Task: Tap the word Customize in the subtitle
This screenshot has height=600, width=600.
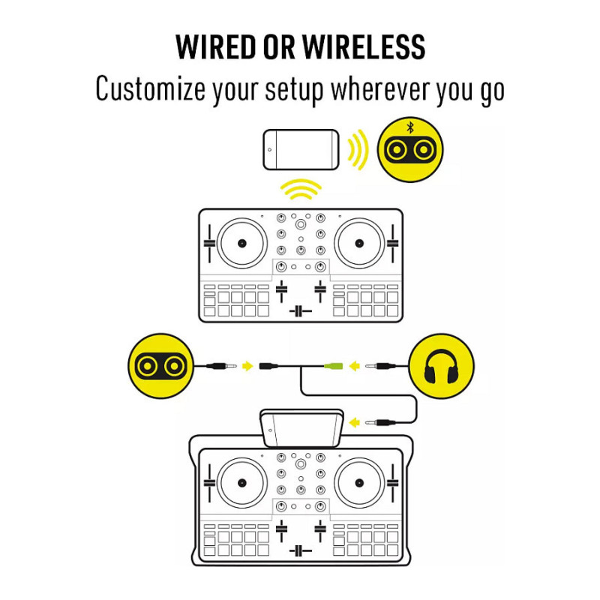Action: tap(151, 88)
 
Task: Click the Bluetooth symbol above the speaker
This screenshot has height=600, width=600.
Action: tap(410, 127)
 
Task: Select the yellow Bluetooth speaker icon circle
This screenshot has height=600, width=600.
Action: tap(410, 149)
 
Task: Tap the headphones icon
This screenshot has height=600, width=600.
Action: tap(441, 366)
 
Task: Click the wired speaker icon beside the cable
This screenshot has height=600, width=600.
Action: tap(160, 366)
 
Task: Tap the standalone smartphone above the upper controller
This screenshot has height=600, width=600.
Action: tap(301, 149)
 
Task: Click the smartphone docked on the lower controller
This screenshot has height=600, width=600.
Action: tap(301, 427)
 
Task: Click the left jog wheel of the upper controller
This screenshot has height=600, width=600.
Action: tap(241, 243)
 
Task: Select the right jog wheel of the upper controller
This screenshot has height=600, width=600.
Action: tap(359, 243)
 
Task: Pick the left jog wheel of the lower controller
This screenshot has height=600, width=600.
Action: tap(241, 483)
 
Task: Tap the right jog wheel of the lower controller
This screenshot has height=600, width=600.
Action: tap(359, 483)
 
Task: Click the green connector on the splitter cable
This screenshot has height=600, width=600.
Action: tap(333, 366)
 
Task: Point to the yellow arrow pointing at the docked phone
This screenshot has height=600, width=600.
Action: tap(355, 423)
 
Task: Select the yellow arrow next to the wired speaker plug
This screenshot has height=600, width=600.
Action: tap(248, 366)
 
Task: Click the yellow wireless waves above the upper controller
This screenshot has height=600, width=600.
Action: tap(301, 189)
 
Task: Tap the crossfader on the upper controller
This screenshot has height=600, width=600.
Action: tap(301, 311)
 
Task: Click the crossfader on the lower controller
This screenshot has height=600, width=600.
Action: tap(301, 551)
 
